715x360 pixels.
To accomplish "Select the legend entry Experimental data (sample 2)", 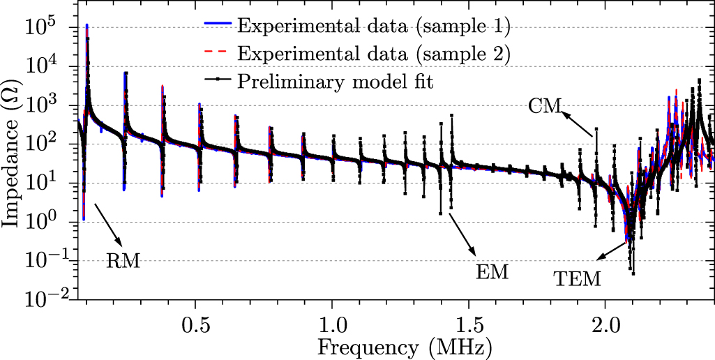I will (x=373, y=54).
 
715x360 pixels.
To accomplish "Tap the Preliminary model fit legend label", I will (x=336, y=82).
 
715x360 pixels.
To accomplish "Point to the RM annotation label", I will (x=123, y=262).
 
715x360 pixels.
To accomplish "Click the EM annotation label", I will (x=492, y=271).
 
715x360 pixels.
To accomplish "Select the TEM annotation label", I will (x=577, y=280).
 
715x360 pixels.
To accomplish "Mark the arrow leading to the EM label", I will (x=463, y=234).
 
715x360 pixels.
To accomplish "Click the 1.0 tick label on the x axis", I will (x=333, y=326).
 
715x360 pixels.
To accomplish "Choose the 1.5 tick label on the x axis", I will (x=469, y=326).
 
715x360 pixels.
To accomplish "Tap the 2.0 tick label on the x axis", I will (x=605, y=326).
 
